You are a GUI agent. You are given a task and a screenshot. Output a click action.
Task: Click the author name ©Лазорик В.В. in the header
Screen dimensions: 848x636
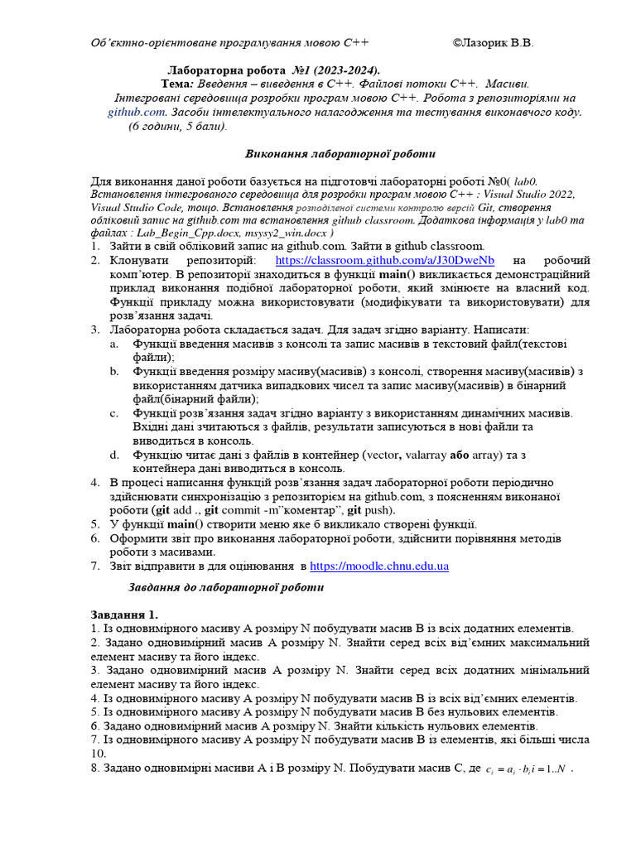494,42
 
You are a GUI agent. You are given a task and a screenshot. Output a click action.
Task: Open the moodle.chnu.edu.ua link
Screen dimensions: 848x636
379,566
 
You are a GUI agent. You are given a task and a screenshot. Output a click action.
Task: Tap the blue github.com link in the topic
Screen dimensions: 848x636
137,111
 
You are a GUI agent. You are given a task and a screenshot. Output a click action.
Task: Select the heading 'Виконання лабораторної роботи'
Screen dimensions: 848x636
335,154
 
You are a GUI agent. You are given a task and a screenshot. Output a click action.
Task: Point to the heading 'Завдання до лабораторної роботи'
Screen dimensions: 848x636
226,587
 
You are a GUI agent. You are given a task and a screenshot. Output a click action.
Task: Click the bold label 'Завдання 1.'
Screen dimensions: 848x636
123,614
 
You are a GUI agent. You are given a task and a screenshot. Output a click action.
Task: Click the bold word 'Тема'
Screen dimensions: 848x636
176,84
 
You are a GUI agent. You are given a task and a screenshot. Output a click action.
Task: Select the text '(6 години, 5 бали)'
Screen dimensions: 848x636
177,127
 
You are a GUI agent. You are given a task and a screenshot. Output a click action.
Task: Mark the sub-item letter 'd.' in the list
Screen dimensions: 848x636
115,455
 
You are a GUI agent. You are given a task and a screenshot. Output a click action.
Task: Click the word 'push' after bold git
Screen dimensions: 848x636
379,510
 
